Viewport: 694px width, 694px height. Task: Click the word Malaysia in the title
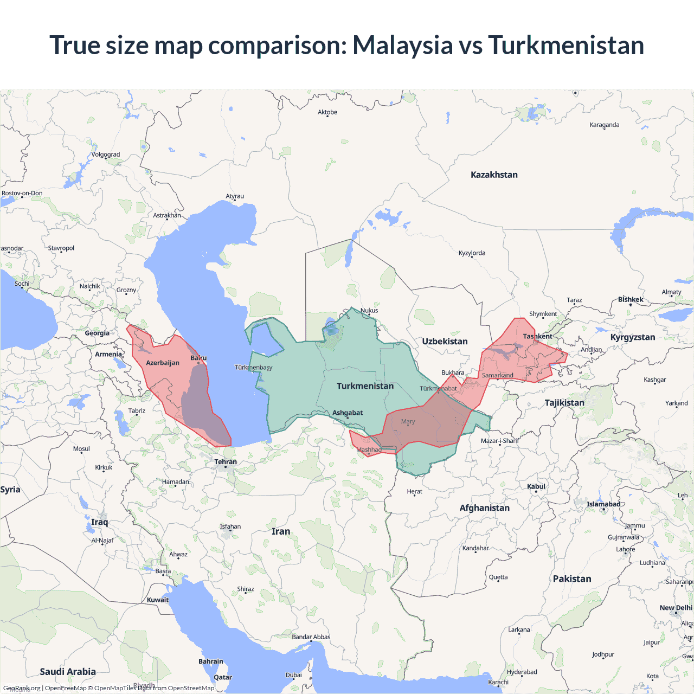[402, 46]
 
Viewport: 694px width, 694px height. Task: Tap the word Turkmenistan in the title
[566, 46]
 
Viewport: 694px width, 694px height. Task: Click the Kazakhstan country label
[494, 175]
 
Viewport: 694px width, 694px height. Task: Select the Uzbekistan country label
[445, 341]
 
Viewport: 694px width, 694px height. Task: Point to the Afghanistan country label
[484, 507]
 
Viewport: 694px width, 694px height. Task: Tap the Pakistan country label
[572, 579]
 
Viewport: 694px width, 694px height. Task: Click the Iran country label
[281, 531]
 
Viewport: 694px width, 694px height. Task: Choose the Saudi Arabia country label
[68, 671]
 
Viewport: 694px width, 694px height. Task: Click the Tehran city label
[226, 462]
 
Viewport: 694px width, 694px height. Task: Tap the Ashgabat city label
[348, 413]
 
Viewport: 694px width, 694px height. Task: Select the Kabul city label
[536, 486]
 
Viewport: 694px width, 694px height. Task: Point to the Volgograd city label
[106, 155]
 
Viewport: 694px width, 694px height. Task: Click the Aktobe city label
[327, 112]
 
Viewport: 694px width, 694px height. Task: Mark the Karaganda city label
[604, 125]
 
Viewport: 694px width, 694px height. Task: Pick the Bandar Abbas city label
[311, 637]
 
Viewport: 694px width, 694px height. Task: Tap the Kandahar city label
[475, 548]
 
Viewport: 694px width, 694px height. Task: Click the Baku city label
[198, 358]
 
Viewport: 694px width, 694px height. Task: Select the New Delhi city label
[676, 608]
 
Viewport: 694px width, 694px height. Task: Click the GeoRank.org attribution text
[22, 688]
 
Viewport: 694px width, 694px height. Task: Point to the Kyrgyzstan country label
[633, 337]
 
